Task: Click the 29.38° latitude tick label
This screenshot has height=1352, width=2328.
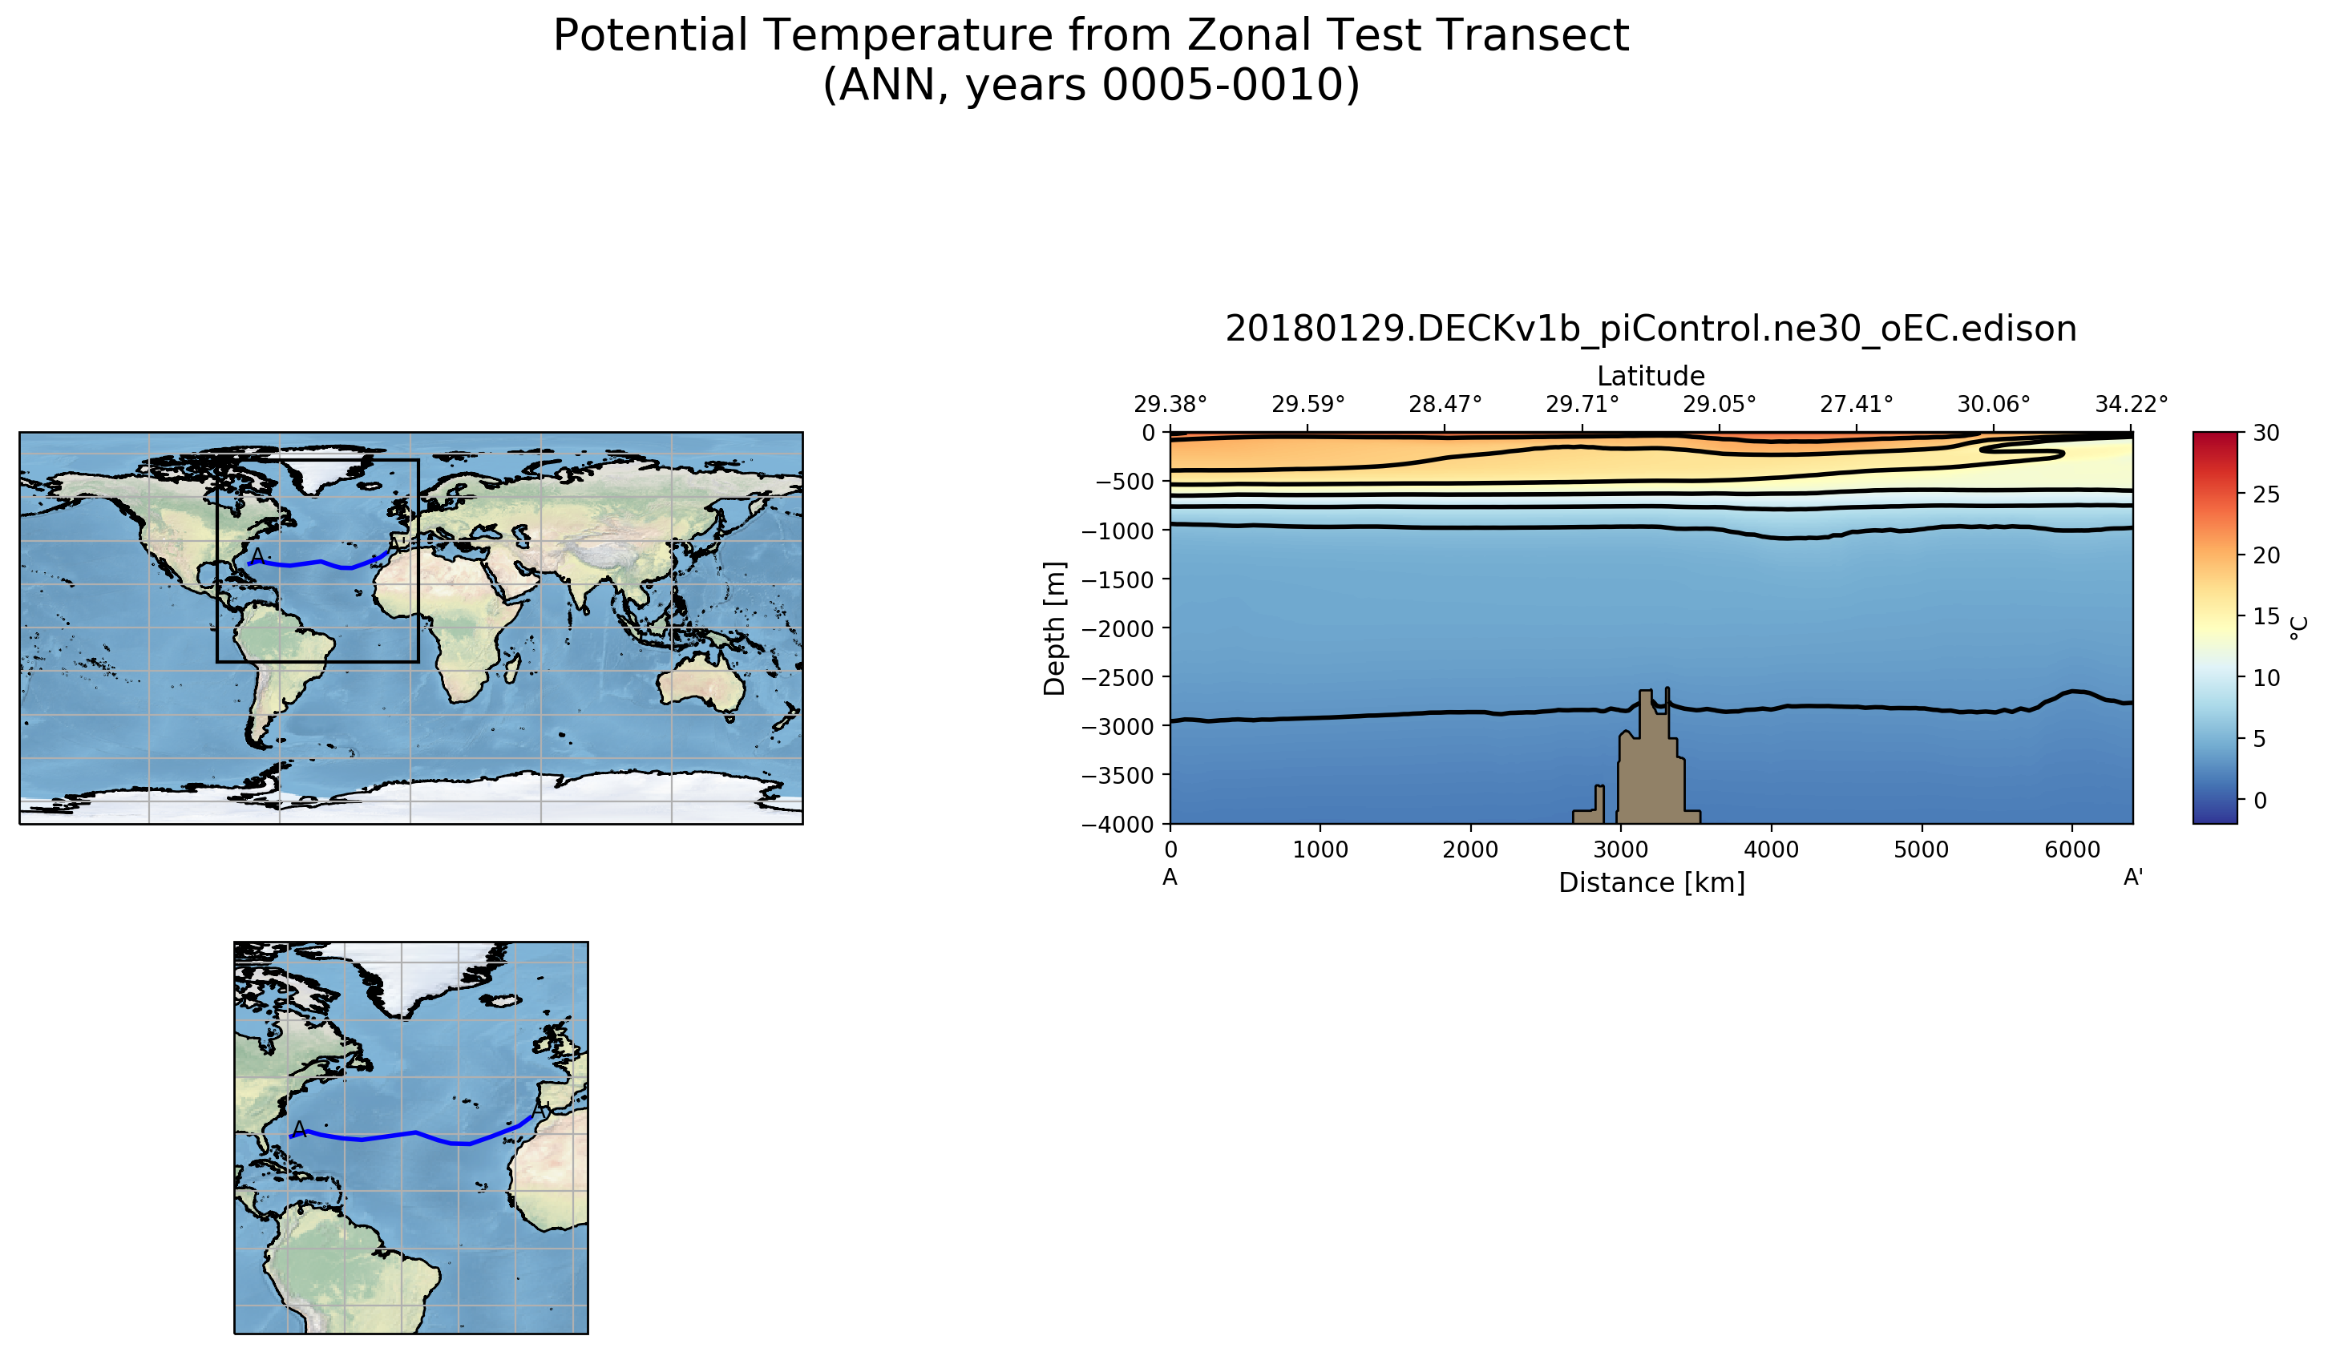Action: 1170,405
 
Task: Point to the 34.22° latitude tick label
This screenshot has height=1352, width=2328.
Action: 2132,405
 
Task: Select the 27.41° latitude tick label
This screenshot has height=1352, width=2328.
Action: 1856,405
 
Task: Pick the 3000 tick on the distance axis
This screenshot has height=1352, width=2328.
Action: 1620,850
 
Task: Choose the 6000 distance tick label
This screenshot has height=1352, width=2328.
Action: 2072,850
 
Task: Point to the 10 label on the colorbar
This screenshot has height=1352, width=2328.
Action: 2259,678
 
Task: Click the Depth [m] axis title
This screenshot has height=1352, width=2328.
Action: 1054,628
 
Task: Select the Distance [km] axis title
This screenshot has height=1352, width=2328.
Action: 1651,883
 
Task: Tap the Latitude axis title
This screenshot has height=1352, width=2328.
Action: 1651,376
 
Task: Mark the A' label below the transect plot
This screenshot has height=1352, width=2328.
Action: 2133,878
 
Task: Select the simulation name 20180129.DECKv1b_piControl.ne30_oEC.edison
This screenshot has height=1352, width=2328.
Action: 1651,329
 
